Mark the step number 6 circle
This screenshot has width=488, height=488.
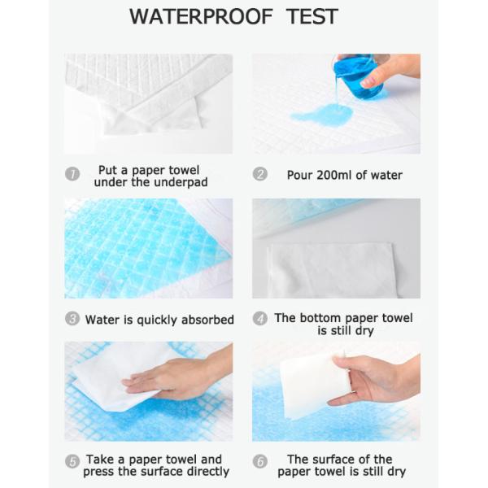[x=261, y=461]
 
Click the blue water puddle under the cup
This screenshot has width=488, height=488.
[x=321, y=115]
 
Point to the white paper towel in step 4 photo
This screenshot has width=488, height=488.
[x=325, y=268]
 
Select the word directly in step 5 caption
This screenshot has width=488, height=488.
[x=205, y=471]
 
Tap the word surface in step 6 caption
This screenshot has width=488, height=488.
[x=342, y=460]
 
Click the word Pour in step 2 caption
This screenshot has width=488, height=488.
[x=300, y=175]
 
